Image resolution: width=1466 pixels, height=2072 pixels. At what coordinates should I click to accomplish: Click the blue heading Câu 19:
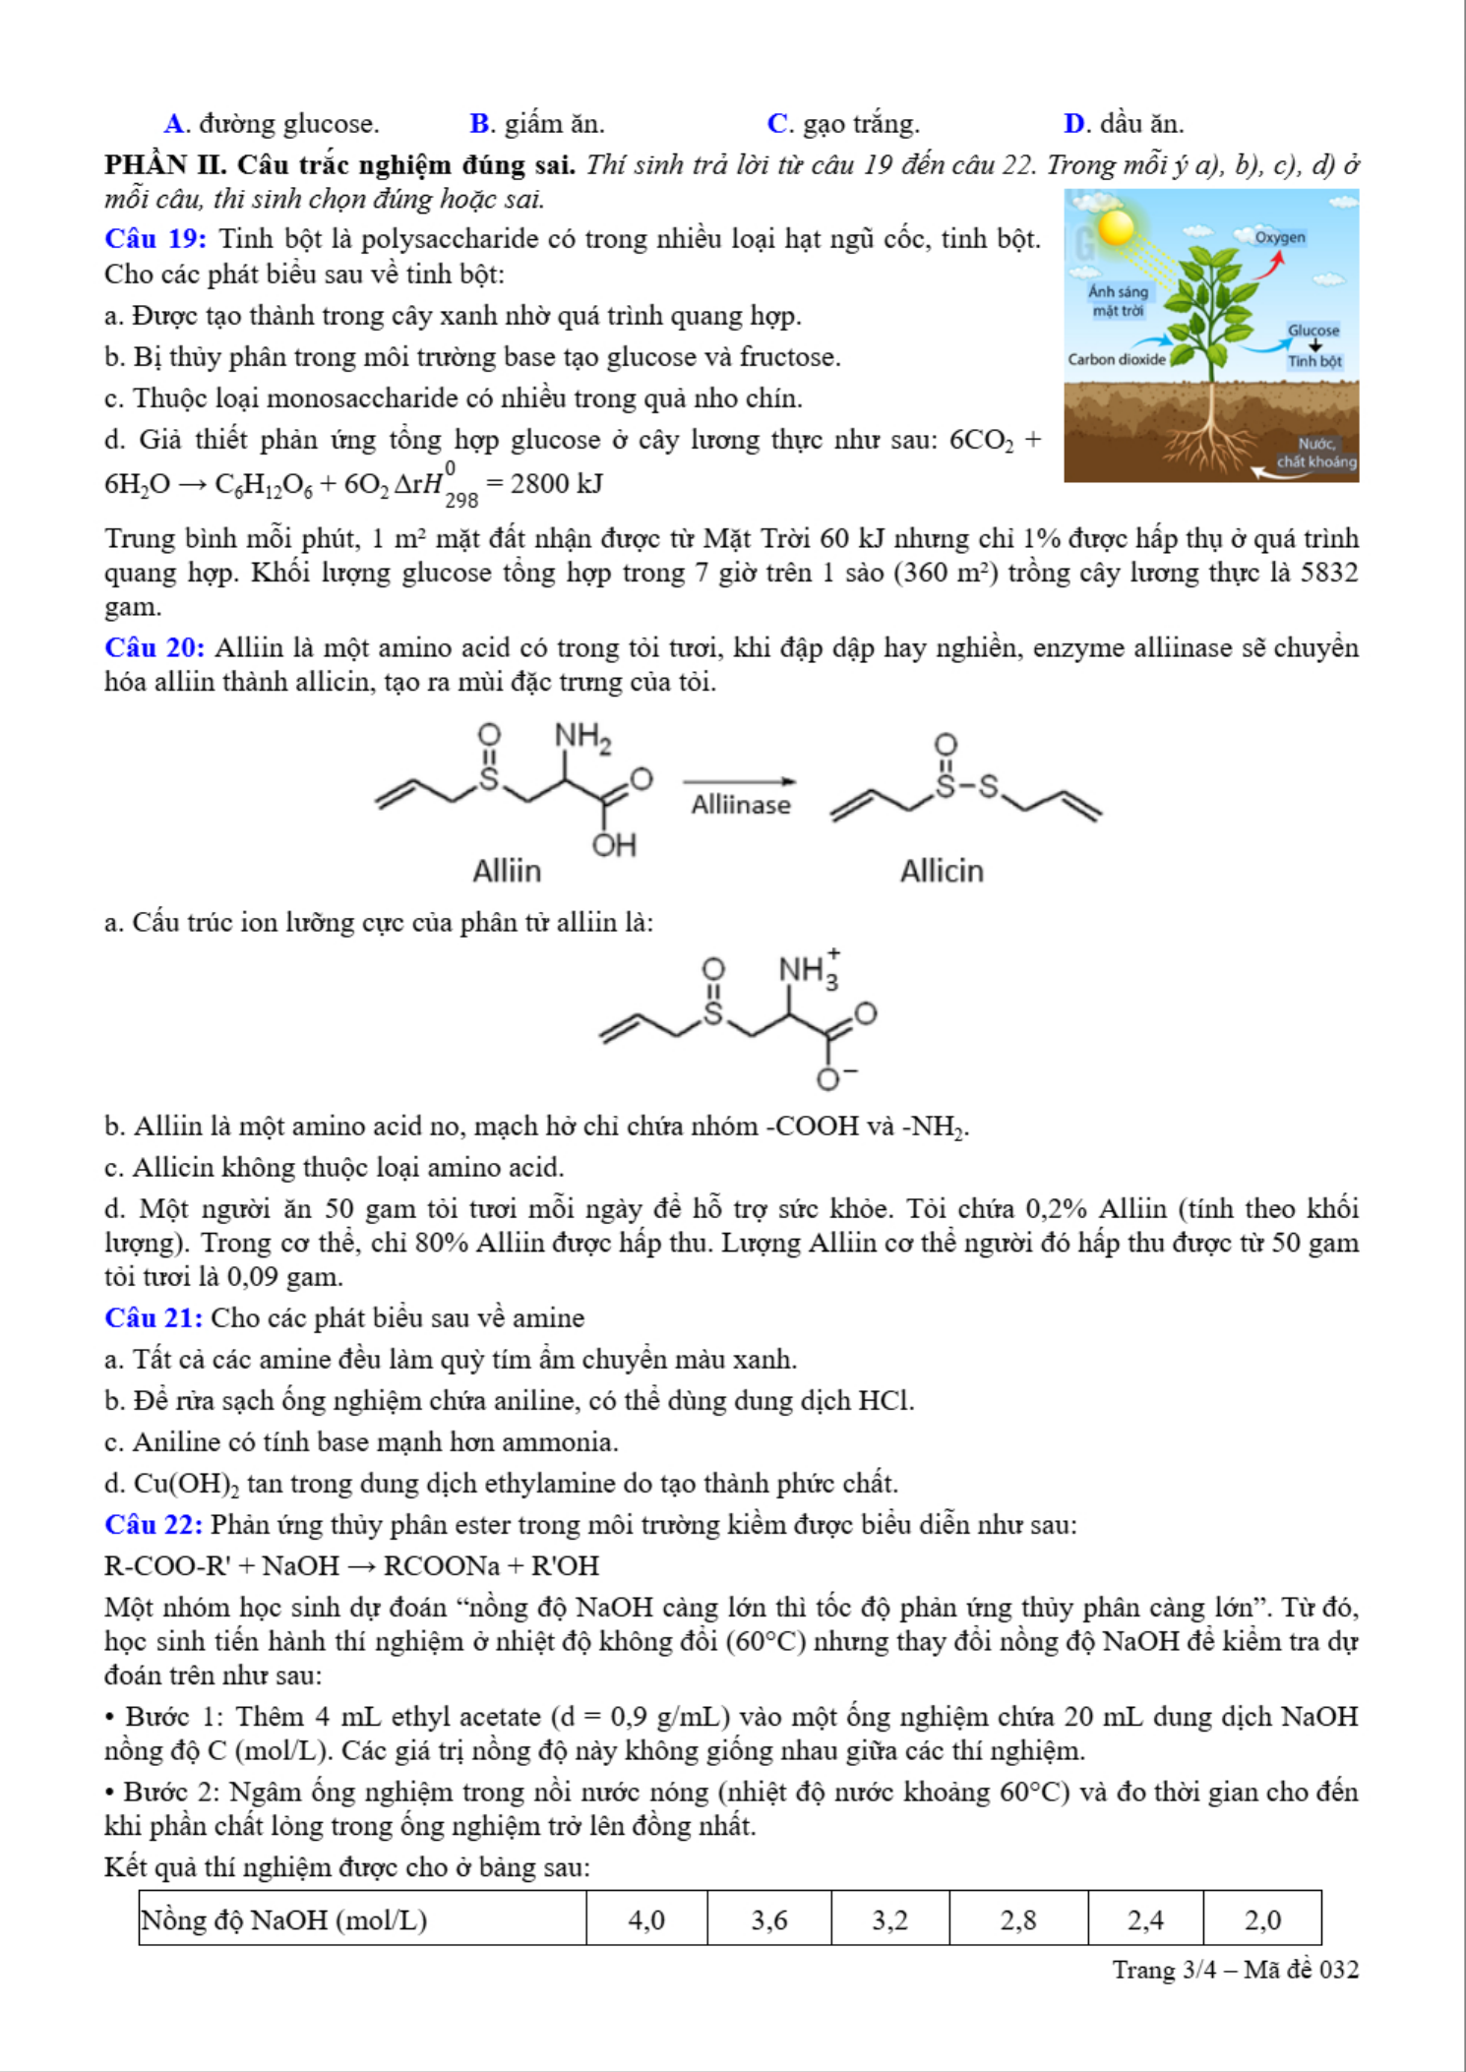155,239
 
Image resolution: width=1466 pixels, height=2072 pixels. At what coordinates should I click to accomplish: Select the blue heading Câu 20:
154,647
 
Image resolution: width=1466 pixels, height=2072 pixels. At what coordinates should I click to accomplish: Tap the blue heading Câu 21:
153,1317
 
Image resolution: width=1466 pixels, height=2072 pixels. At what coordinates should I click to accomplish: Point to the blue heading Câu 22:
153,1524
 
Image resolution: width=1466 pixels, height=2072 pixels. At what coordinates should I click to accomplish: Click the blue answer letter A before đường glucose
174,124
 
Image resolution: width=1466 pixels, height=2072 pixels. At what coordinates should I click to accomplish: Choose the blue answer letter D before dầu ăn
1074,124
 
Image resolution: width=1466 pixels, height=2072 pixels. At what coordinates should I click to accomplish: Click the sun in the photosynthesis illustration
1116,228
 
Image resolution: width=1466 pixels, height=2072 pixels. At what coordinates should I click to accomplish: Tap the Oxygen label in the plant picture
1280,237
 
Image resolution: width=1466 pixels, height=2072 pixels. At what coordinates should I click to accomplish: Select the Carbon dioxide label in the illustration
1117,359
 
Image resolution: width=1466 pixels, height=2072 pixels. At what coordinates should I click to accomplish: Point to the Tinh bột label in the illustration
1314,361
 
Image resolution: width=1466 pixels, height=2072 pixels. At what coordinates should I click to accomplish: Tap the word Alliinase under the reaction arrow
741,805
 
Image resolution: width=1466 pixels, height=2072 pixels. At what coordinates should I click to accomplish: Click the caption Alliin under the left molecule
507,871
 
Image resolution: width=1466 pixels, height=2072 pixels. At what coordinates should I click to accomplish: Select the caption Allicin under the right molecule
942,871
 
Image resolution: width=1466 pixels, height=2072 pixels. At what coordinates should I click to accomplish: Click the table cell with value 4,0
646,1920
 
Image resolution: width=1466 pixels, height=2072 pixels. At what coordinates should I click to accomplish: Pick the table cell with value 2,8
1018,1920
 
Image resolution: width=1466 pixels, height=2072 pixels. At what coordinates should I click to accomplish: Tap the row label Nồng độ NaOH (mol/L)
284,1920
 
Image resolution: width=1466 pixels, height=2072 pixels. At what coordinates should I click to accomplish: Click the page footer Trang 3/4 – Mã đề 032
1235,1970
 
